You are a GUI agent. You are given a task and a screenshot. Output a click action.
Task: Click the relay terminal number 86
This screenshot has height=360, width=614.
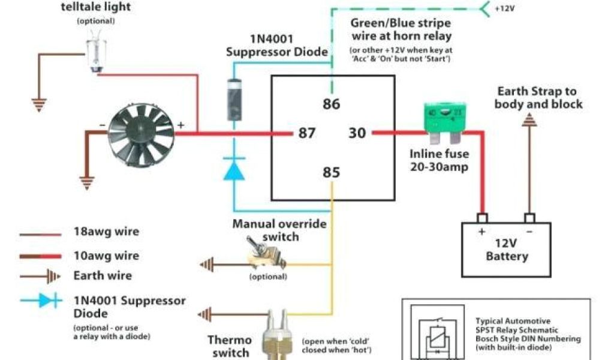coord(331,104)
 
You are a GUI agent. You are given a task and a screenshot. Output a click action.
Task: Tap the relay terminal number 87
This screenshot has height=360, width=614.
coord(307,133)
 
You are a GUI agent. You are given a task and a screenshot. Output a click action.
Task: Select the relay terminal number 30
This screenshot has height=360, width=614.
coord(357,133)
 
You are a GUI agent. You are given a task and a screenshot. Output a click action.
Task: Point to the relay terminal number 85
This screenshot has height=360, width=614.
coord(331,173)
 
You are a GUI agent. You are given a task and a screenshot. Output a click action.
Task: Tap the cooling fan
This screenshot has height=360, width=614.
coord(141,133)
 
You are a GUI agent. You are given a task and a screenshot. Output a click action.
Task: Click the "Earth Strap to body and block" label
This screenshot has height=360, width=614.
coord(538,97)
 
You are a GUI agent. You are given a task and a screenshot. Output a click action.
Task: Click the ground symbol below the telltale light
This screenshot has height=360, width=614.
coord(40,105)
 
